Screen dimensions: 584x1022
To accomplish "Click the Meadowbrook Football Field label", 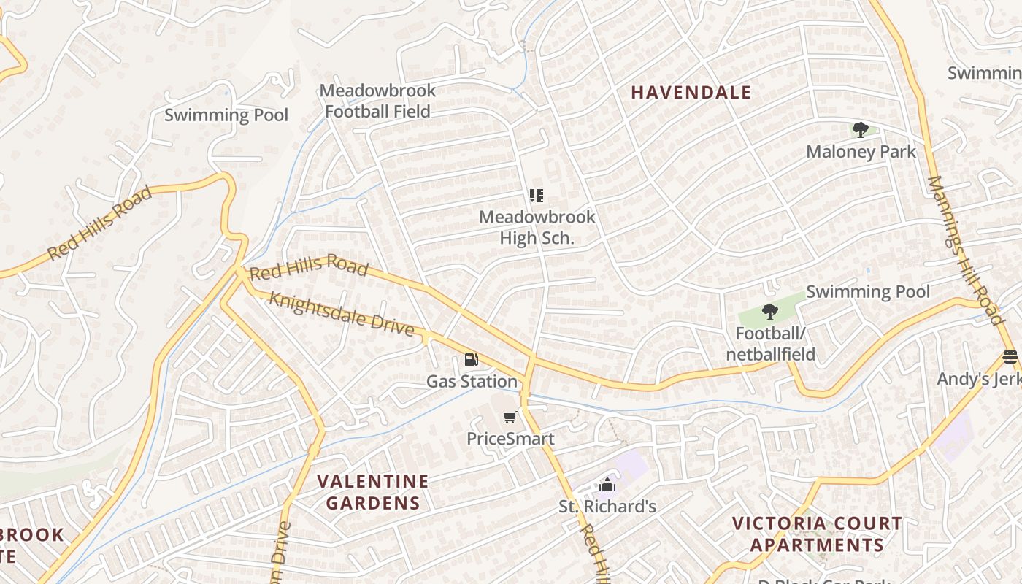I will [377, 101].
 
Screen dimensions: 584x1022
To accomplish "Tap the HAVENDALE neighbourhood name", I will [691, 92].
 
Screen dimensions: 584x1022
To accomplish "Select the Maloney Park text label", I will [861, 152].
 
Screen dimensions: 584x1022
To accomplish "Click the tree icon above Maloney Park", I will [861, 131].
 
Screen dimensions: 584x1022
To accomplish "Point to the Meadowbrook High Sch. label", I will [537, 227].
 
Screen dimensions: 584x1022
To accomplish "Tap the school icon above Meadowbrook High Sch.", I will [537, 196].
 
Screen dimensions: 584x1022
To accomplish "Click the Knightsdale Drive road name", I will [342, 314].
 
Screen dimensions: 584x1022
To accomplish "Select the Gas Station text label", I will [472, 381].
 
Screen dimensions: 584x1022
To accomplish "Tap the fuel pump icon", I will [472, 360].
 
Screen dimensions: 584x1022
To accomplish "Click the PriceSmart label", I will [510, 439].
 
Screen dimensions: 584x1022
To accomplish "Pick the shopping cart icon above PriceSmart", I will [510, 418].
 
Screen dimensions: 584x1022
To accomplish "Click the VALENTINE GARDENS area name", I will [373, 492].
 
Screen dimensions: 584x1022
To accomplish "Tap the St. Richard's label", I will [607, 506].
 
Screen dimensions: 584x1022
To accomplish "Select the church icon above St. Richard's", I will [607, 485].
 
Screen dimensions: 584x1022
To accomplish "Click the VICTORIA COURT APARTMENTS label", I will [817, 534].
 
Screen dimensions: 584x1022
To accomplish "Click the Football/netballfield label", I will [770, 345].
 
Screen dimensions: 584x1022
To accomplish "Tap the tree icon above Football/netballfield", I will [769, 312].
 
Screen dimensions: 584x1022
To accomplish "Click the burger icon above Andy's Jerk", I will [1010, 357].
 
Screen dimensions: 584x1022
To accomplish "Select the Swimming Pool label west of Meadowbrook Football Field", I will [226, 115].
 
